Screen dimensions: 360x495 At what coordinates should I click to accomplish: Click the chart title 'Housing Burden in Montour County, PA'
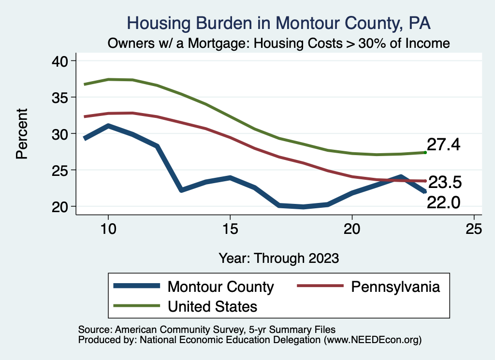[x=278, y=23]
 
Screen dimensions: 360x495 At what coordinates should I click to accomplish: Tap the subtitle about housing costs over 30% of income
[x=279, y=43]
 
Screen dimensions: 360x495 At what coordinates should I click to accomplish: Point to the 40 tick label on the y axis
[x=61, y=61]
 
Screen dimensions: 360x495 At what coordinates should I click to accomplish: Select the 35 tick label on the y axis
[x=61, y=97]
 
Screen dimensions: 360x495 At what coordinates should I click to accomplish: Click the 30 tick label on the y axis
[x=61, y=134]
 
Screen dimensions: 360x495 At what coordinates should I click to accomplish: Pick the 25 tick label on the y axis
[x=61, y=170]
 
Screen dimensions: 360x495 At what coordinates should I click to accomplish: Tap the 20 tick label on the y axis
[x=61, y=206]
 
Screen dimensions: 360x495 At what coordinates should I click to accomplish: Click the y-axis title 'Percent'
[x=22, y=134]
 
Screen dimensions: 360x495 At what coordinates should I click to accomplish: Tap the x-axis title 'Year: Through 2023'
[x=278, y=258]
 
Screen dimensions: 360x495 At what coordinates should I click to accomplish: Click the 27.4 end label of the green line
[x=443, y=144]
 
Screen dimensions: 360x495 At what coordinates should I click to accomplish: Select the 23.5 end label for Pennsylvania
[x=446, y=182]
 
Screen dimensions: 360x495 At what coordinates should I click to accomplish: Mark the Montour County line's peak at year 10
[x=108, y=126]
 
